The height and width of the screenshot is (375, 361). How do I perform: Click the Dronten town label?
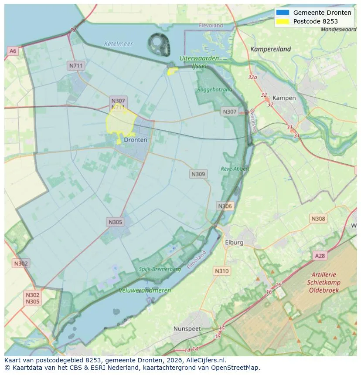point(136,140)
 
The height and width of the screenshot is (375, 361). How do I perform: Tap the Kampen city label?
point(284,98)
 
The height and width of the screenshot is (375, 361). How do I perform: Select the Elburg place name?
point(234,242)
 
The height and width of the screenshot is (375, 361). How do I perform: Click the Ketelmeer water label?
point(118,44)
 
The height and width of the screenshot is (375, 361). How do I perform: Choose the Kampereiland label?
point(270,49)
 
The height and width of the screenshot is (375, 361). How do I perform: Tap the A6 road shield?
point(13,51)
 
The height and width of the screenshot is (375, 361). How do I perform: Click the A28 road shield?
point(320,256)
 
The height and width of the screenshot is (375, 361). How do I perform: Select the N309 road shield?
point(198,174)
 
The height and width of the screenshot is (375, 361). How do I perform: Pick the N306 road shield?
point(225,206)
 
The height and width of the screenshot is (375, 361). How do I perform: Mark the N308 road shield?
point(318,219)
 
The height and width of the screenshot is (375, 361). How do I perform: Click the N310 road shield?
point(221,271)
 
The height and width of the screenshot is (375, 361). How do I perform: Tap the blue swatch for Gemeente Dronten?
point(283,13)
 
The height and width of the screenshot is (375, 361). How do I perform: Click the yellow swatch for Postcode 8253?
point(283,21)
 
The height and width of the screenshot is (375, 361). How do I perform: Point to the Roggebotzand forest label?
point(215,89)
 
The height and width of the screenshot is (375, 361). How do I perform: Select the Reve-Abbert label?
point(235,169)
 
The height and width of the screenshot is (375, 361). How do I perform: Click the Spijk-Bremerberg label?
point(160,269)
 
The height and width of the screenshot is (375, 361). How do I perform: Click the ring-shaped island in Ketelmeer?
point(159,44)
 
